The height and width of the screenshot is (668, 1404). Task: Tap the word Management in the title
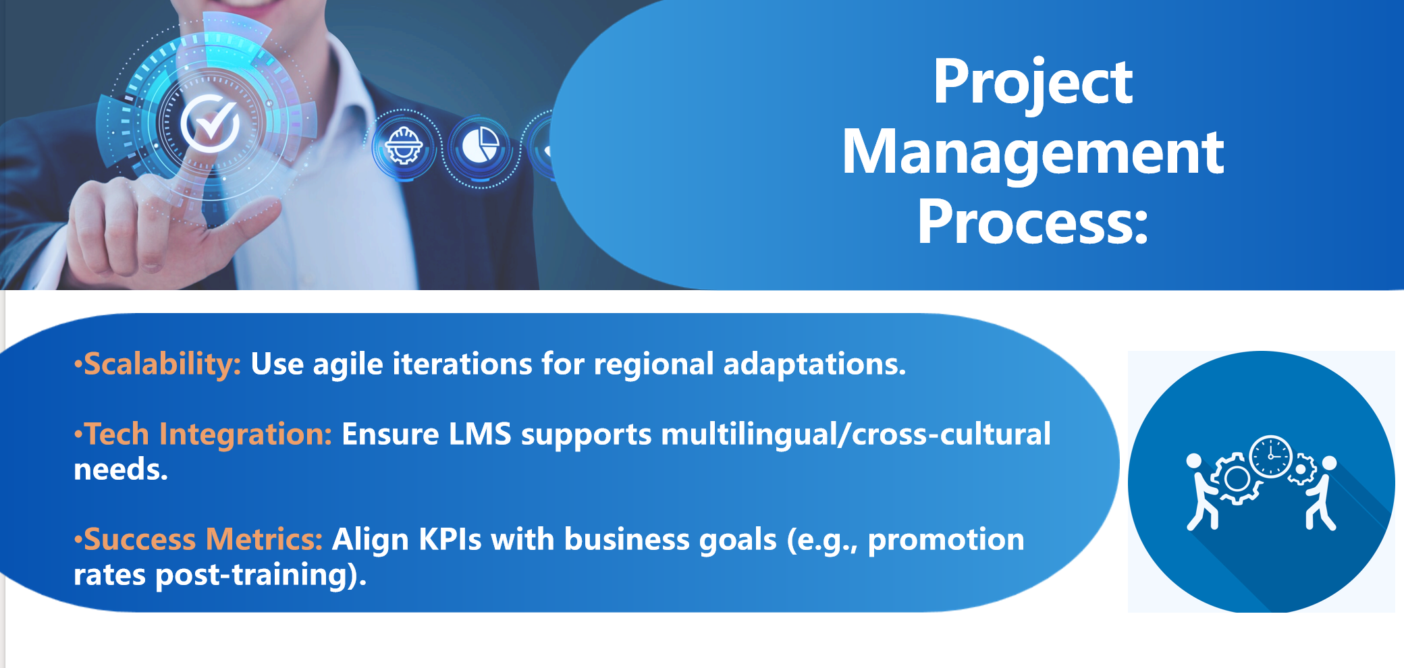(x=1033, y=152)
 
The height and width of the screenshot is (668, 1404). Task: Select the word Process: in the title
(x=1033, y=221)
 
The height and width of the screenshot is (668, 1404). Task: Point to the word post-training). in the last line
(x=261, y=576)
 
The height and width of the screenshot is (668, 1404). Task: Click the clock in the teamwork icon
(x=1270, y=457)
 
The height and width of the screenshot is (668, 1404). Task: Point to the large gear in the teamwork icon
(x=1237, y=479)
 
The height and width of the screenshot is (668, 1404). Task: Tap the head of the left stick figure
(x=1194, y=461)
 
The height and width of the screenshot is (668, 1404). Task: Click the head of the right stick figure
(x=1329, y=463)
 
